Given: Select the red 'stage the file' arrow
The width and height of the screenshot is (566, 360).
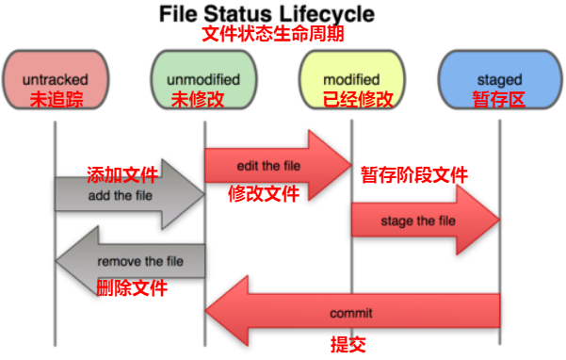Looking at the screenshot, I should pos(419,221).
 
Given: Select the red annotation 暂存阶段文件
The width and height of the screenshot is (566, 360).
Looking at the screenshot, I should pos(414,175).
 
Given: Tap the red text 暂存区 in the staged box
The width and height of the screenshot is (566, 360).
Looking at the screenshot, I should pos(499,98).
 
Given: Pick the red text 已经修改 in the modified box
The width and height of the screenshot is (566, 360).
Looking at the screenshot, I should pos(351,98).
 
